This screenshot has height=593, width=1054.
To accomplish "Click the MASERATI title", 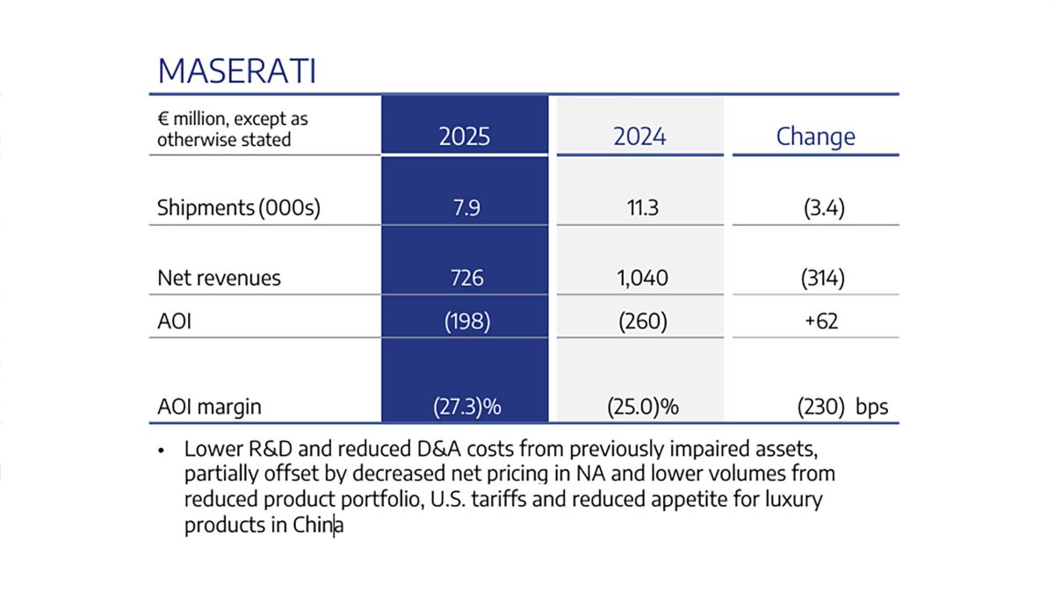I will coord(236,72).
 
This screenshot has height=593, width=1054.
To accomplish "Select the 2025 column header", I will coord(465,136).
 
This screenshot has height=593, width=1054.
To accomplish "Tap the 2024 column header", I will coord(639,136).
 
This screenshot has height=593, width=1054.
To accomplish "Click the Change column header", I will coord(815,136).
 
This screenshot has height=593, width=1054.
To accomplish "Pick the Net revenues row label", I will coord(219,278).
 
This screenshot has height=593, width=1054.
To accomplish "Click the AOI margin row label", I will coord(209,407).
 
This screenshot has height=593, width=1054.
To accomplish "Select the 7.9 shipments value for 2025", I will coord(465,208).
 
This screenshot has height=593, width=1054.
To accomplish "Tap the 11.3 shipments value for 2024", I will coord(639,208).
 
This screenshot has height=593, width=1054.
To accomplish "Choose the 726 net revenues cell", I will coord(466,278).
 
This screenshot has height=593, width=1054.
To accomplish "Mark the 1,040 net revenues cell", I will coord(639,278).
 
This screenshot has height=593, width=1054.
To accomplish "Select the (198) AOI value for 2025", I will coord(466,321).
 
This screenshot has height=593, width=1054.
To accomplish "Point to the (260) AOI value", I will coord(639,321).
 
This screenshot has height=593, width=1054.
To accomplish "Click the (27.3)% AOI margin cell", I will coord(466,407).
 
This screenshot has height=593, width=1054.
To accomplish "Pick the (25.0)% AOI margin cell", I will coord(639,407).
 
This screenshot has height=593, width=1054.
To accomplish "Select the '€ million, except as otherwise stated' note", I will coord(233,129).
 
